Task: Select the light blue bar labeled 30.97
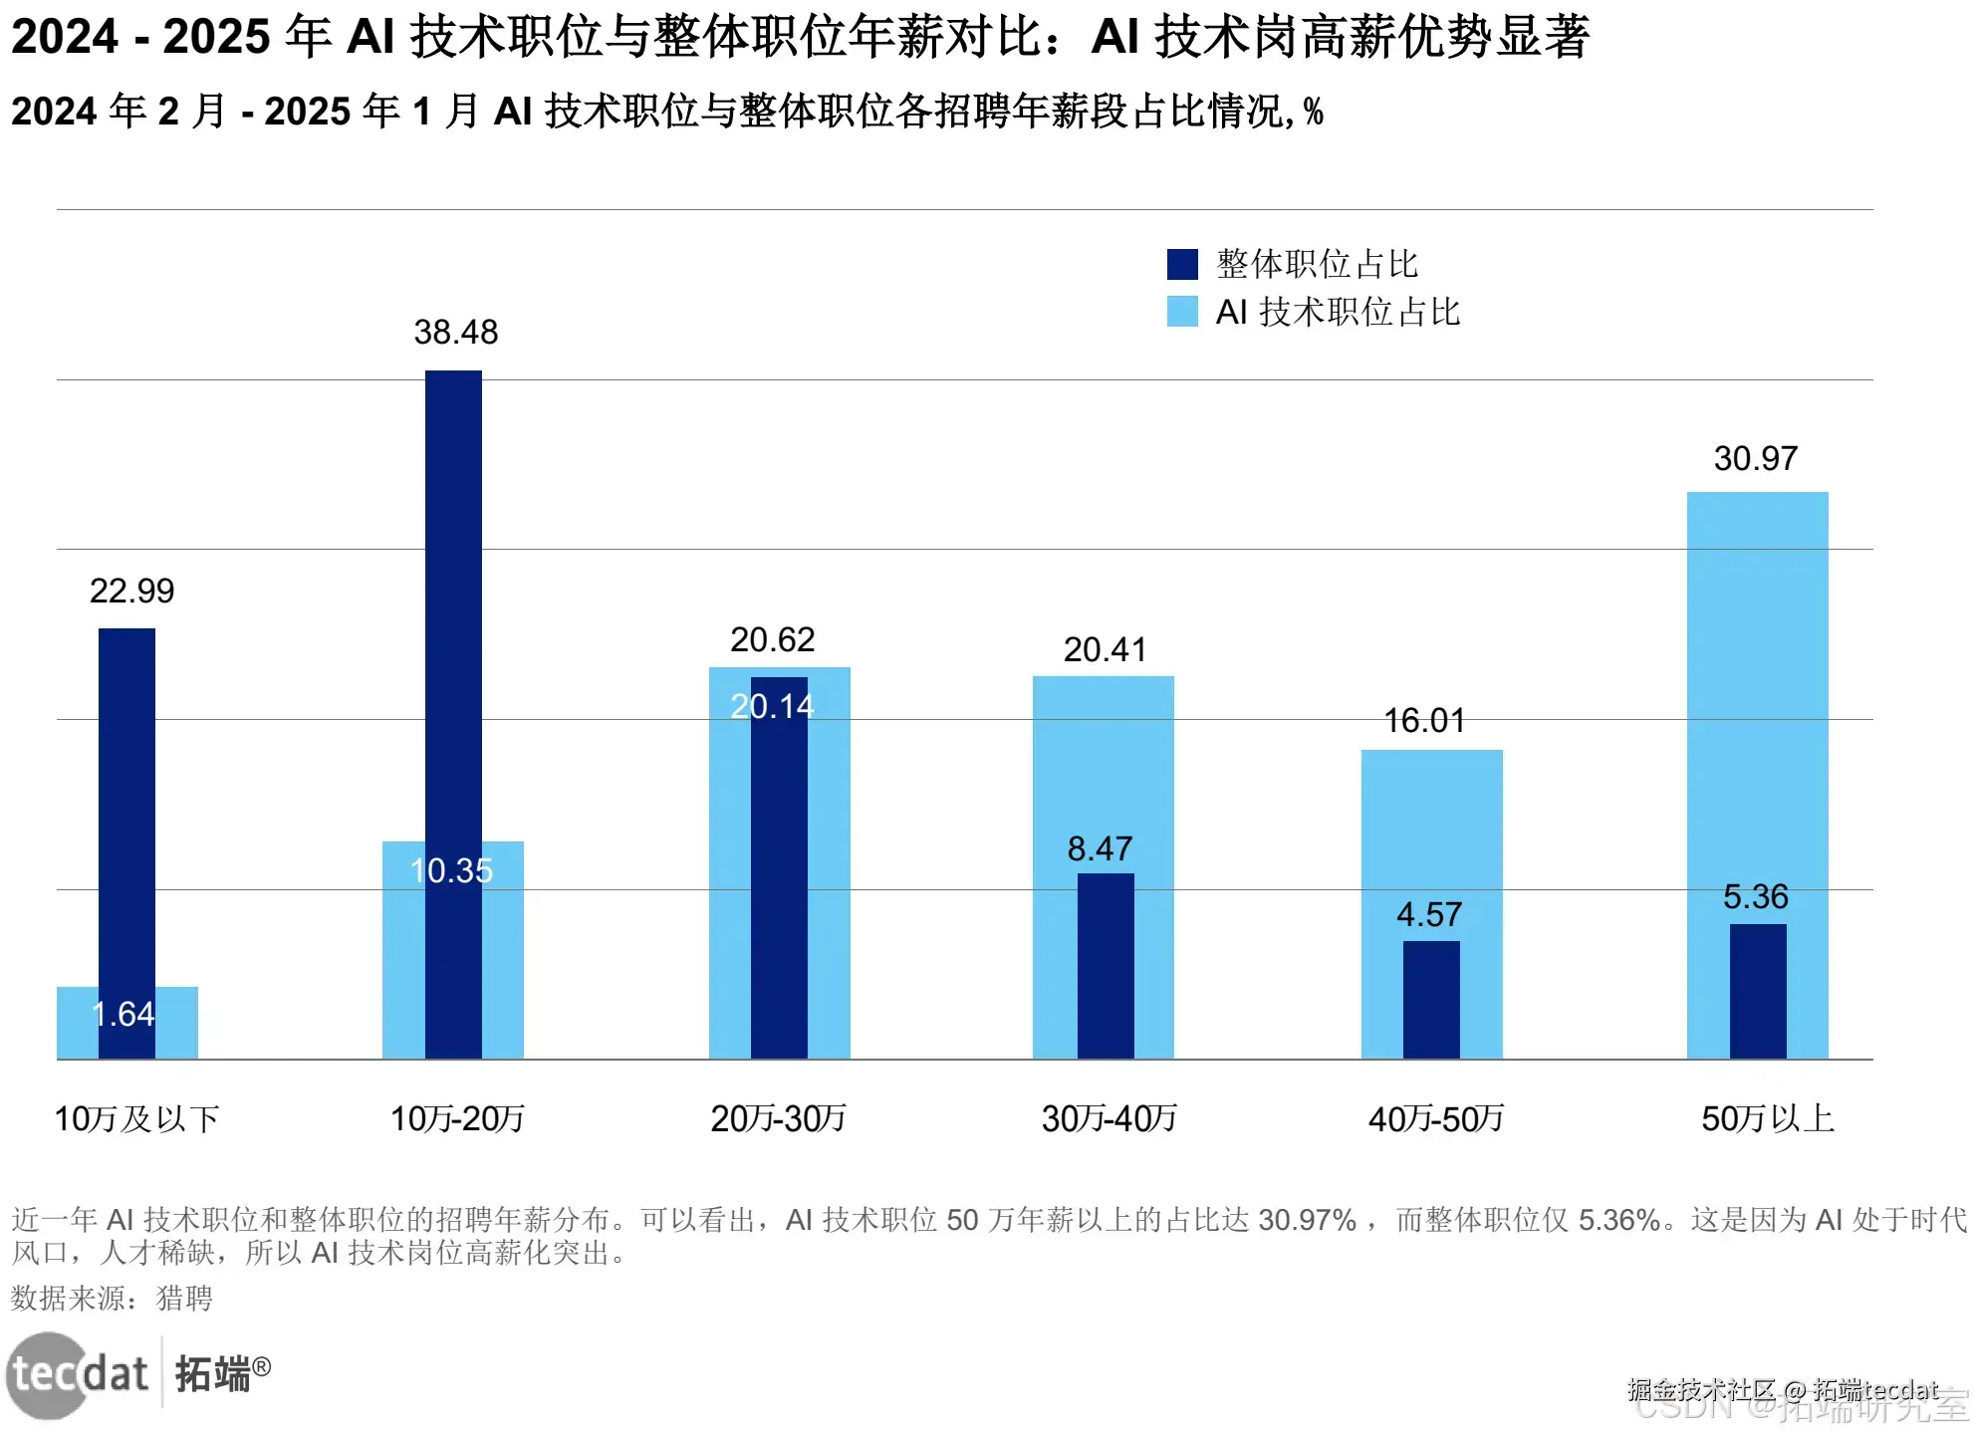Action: point(1757,697)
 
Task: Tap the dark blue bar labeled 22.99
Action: point(126,797)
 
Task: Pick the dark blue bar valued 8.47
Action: point(1106,966)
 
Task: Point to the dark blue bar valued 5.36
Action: point(1757,991)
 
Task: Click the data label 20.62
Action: point(772,639)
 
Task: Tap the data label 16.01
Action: point(1424,720)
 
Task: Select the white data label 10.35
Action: point(451,870)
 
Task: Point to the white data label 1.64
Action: point(123,1014)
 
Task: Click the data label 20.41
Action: point(1105,649)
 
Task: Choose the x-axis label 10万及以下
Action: point(136,1118)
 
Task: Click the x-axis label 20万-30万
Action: point(778,1118)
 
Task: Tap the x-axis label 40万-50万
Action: point(1435,1118)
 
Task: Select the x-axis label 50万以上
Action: point(1767,1118)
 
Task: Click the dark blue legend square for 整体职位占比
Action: point(1182,264)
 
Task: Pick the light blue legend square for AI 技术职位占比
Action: point(1182,312)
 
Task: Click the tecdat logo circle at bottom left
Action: point(46,1375)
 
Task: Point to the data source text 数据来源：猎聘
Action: point(112,1298)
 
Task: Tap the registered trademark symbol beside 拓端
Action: point(261,1366)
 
